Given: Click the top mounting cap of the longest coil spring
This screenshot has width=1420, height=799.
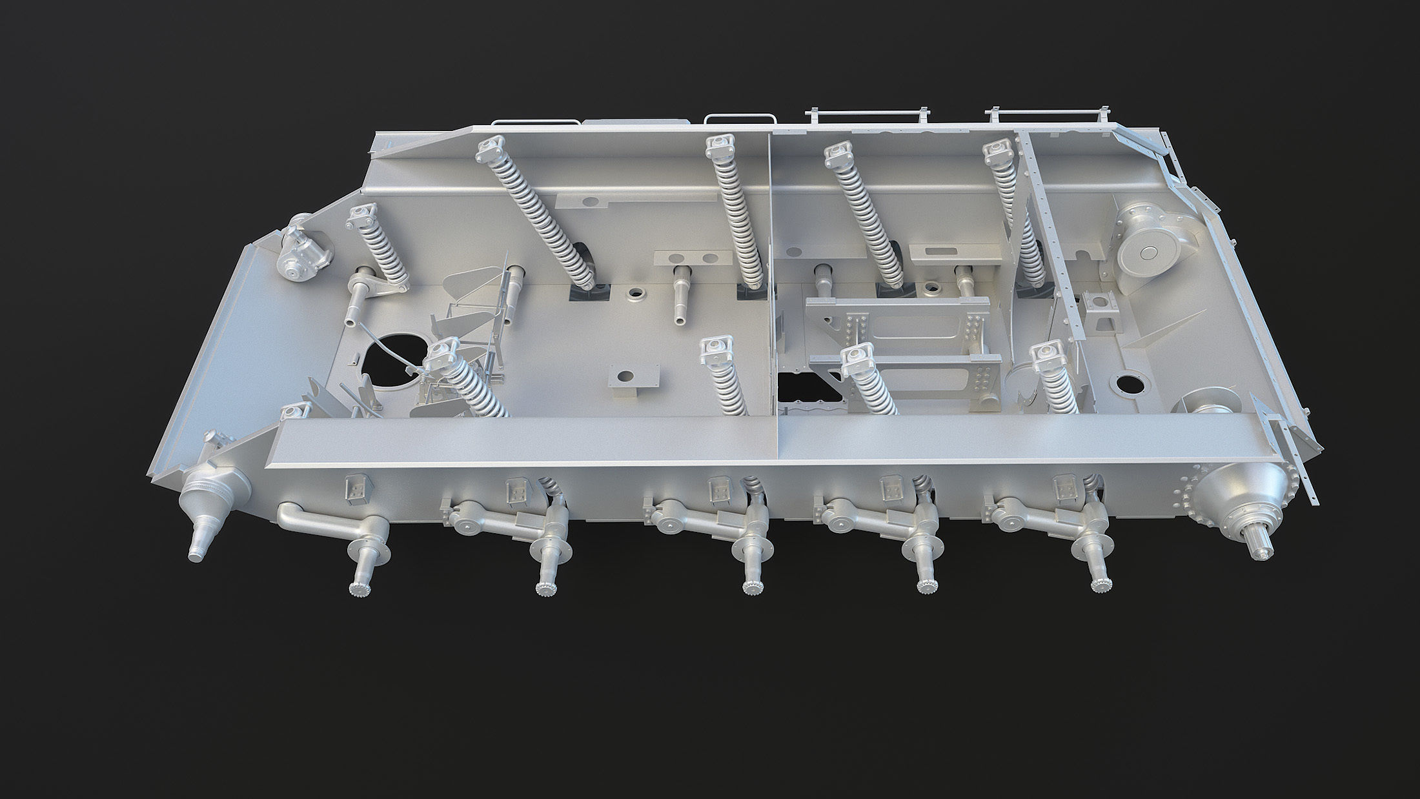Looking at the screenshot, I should tap(491, 152).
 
